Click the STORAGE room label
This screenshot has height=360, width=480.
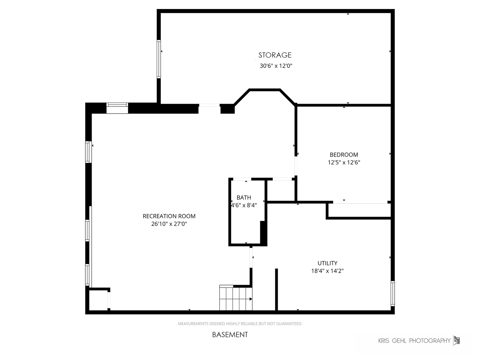[x=275, y=55]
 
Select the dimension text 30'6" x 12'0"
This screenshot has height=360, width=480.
[x=276, y=66]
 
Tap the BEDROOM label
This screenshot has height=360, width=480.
[x=344, y=155]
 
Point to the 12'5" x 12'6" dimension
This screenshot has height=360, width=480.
[x=344, y=162]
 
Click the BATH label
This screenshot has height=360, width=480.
[x=244, y=198]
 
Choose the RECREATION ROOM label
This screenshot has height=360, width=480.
[x=169, y=216]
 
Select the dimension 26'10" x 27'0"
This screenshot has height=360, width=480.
[x=169, y=224]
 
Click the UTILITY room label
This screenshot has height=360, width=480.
[x=327, y=263]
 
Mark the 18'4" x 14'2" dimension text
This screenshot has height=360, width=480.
[x=327, y=271]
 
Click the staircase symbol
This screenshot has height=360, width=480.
[x=235, y=298]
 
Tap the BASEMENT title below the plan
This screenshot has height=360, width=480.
[x=230, y=334]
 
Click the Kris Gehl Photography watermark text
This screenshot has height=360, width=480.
[x=414, y=341]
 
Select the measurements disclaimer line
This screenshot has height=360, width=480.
[x=240, y=323]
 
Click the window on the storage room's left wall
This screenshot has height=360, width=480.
[x=159, y=59]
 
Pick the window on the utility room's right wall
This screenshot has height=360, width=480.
[x=393, y=293]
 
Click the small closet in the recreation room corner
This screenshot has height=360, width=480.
[x=98, y=300]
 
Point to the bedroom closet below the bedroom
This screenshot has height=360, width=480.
[x=359, y=210]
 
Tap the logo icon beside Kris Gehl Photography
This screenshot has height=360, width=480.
[x=456, y=340]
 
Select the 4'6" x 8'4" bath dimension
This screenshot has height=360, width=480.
[x=244, y=205]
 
